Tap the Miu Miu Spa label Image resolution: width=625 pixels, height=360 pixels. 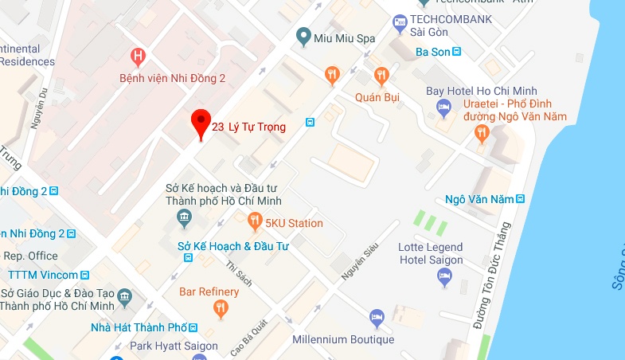335,36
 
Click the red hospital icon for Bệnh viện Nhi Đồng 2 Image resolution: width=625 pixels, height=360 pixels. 139,57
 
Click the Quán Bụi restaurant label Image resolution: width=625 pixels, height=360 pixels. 377,98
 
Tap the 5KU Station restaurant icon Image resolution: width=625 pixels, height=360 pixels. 255,220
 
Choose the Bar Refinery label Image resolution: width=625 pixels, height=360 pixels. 209,292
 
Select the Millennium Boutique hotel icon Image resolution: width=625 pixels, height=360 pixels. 377,319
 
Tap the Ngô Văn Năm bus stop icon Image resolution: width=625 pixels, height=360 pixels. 520,198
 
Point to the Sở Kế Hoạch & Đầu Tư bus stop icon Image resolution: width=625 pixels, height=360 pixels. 188,257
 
